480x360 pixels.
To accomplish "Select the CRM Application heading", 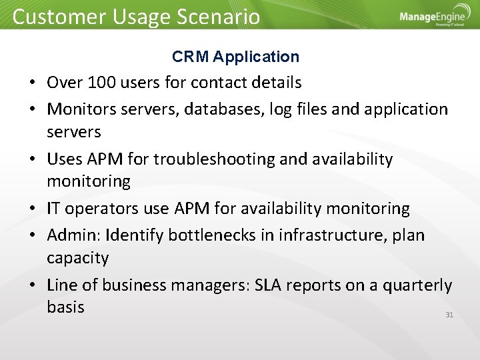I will (x=235, y=57).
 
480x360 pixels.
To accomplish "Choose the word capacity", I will (x=77, y=258).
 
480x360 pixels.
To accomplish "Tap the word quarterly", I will (x=415, y=285).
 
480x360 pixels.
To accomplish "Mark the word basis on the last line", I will (x=65, y=307).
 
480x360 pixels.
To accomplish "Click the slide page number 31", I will (x=449, y=315).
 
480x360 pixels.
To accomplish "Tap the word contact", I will (x=219, y=83).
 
